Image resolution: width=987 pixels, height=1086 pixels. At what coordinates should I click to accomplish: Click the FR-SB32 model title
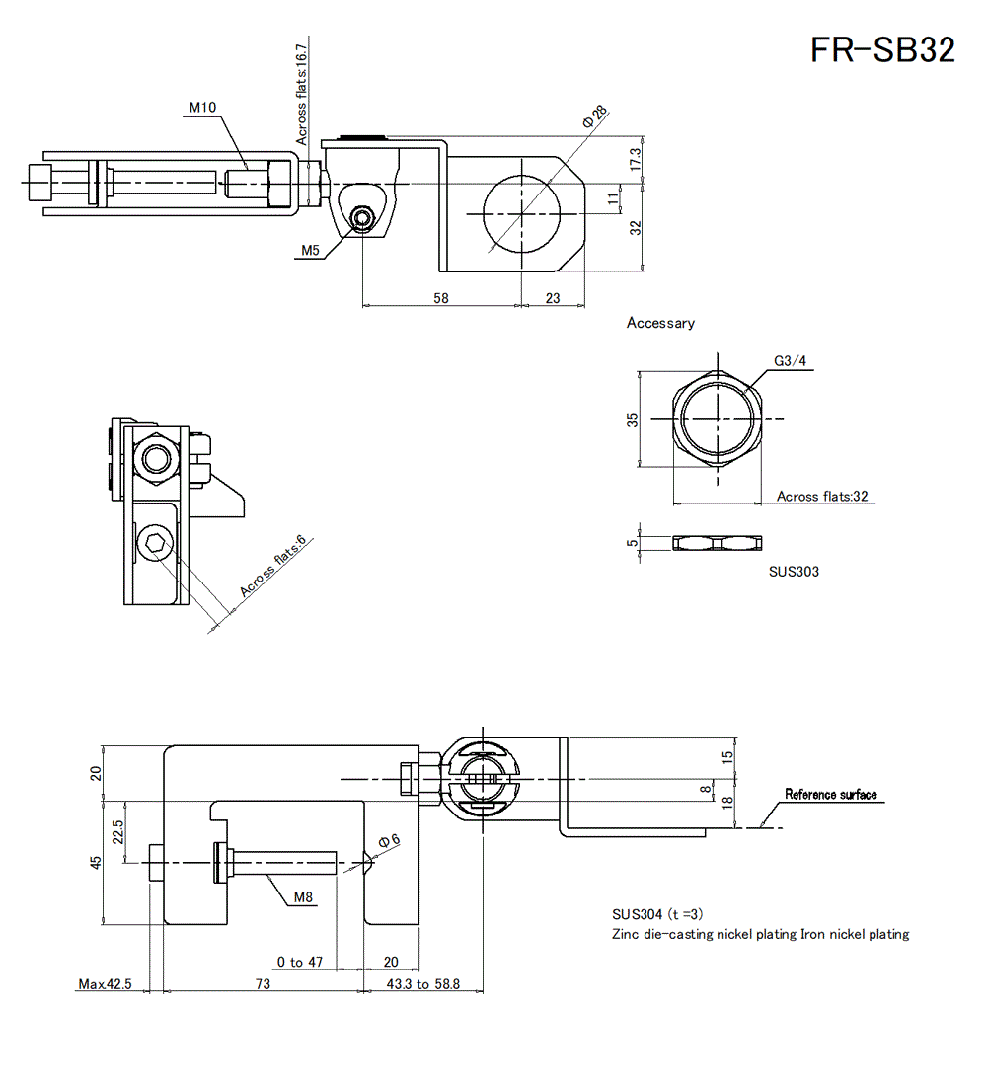click(x=882, y=49)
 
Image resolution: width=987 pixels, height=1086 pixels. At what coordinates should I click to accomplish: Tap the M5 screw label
click(x=311, y=251)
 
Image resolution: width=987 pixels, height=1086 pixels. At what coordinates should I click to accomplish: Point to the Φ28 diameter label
click(x=593, y=116)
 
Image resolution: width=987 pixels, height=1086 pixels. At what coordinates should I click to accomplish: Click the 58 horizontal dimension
click(x=441, y=297)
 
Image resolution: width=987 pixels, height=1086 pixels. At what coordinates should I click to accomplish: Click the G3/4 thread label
click(x=791, y=361)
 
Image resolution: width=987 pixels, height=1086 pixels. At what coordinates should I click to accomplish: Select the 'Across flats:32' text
click(x=822, y=496)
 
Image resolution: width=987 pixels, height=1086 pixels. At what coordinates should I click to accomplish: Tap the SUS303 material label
click(x=794, y=571)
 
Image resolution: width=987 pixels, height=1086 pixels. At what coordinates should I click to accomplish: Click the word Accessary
click(x=660, y=323)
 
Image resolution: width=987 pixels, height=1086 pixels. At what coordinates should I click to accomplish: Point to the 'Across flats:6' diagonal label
click(x=273, y=567)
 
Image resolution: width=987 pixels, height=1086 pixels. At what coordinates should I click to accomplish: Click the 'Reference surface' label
click(x=830, y=795)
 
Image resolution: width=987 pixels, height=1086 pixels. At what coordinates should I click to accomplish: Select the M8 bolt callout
click(x=304, y=897)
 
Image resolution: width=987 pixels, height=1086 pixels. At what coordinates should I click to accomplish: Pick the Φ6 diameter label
click(x=390, y=840)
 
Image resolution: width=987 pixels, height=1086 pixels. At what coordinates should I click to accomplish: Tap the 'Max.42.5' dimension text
click(x=105, y=984)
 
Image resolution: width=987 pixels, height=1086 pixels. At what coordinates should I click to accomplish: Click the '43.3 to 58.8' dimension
click(x=422, y=984)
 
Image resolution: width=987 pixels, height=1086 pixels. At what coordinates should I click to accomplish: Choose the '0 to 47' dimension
click(x=300, y=962)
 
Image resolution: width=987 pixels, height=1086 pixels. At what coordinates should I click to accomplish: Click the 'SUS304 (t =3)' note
click(x=657, y=914)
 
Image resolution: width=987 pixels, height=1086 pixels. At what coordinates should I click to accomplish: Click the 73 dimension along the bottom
click(x=264, y=984)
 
